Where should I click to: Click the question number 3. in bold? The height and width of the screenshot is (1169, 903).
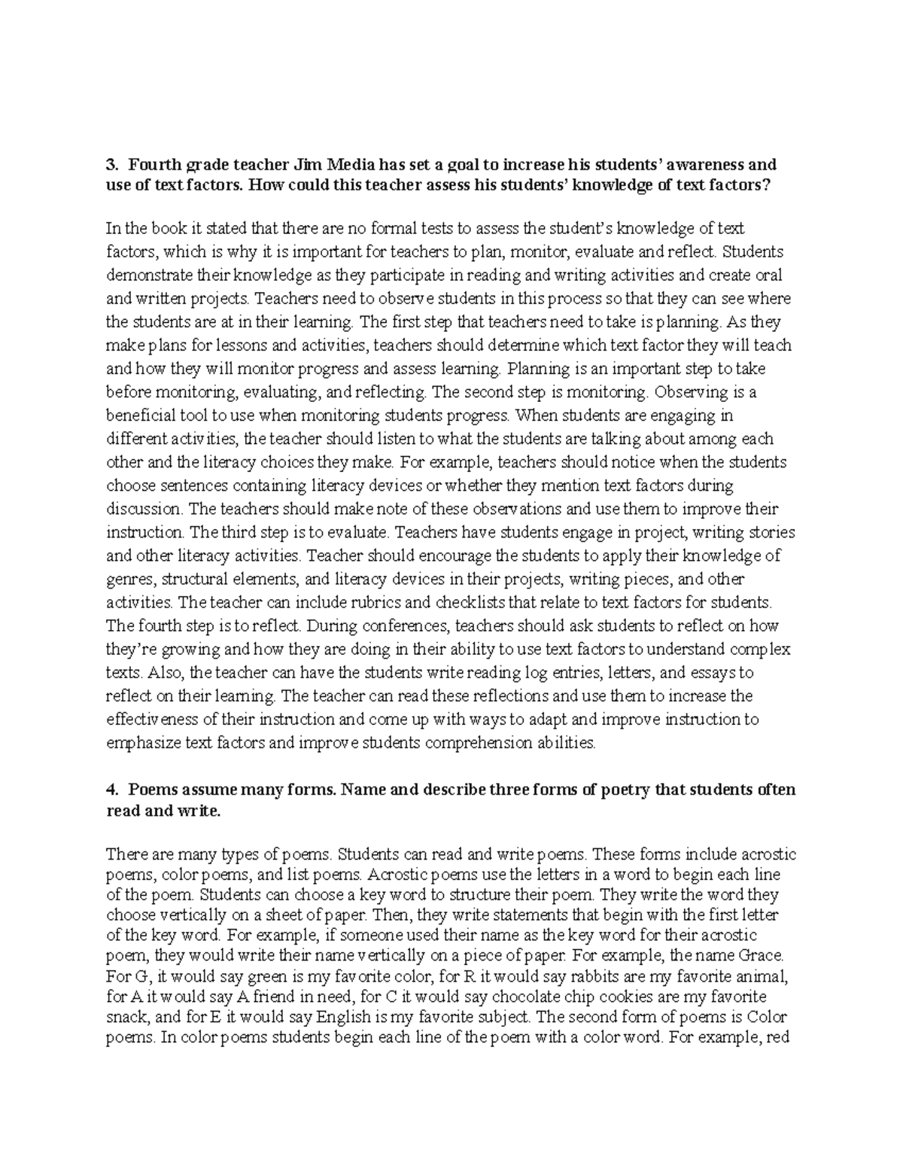112,165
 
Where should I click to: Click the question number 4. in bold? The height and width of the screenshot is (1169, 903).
112,790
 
